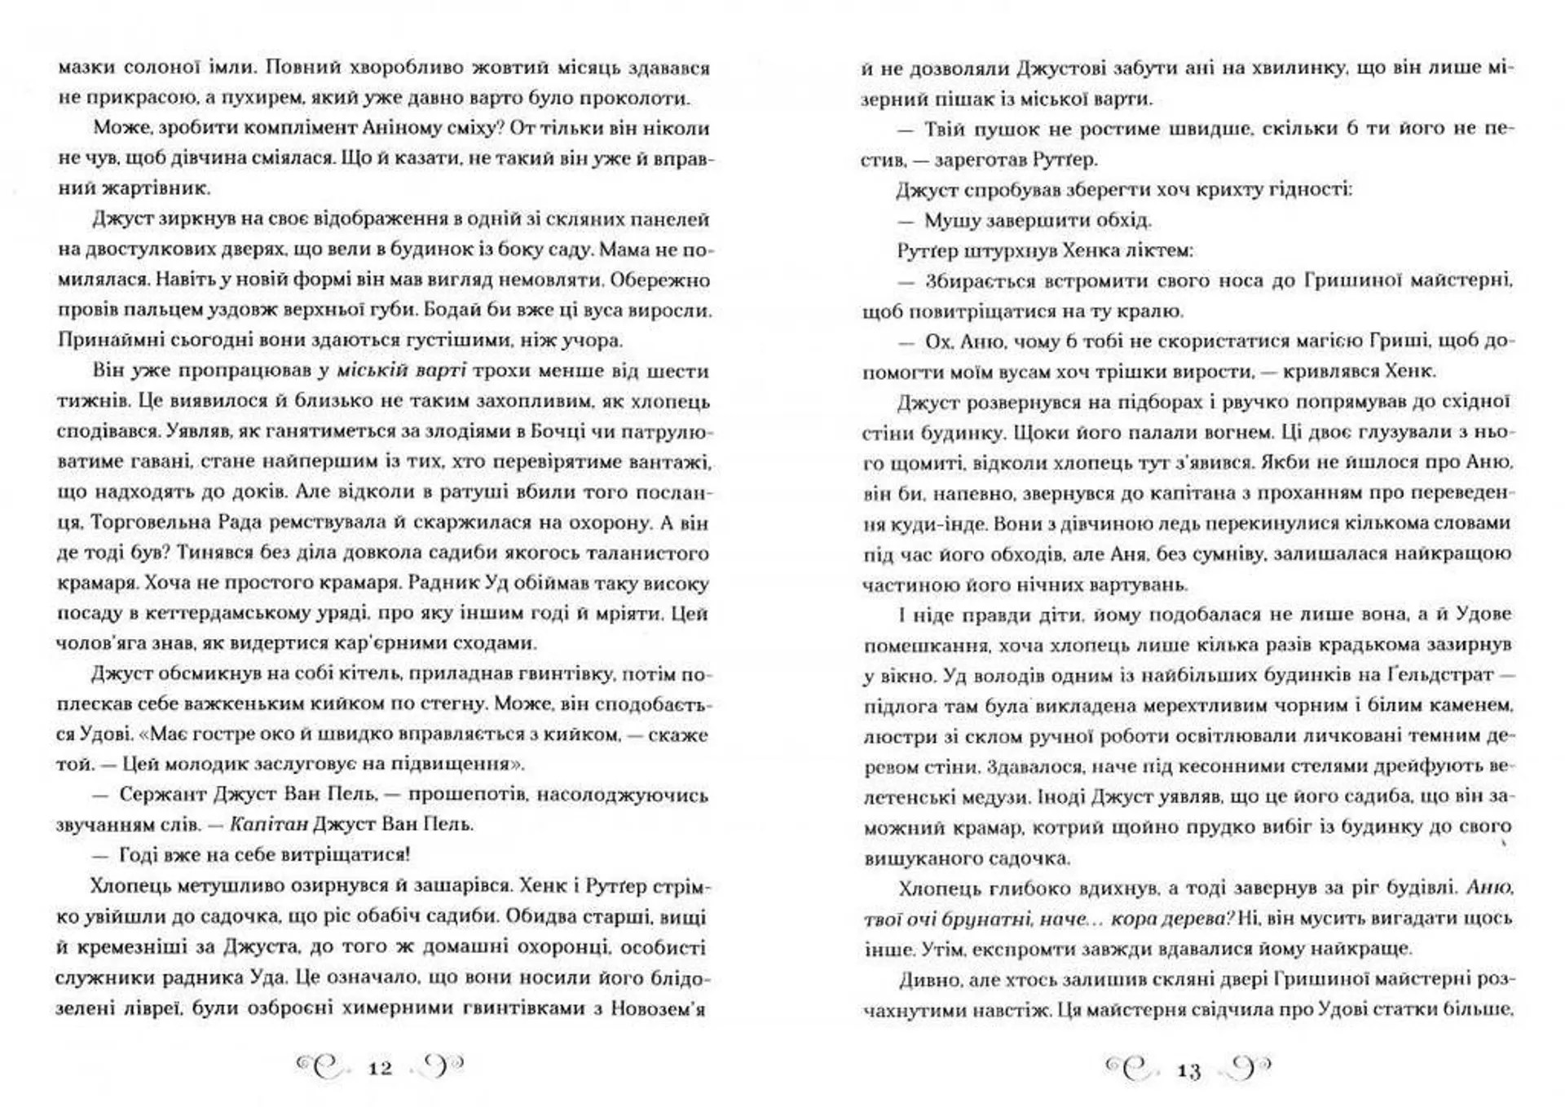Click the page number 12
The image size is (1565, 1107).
381,1068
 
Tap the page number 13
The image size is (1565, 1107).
1189,1070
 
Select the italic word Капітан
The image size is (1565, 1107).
269,824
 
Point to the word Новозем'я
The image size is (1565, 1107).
659,1008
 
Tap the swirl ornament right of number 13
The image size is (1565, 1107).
1247,1069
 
